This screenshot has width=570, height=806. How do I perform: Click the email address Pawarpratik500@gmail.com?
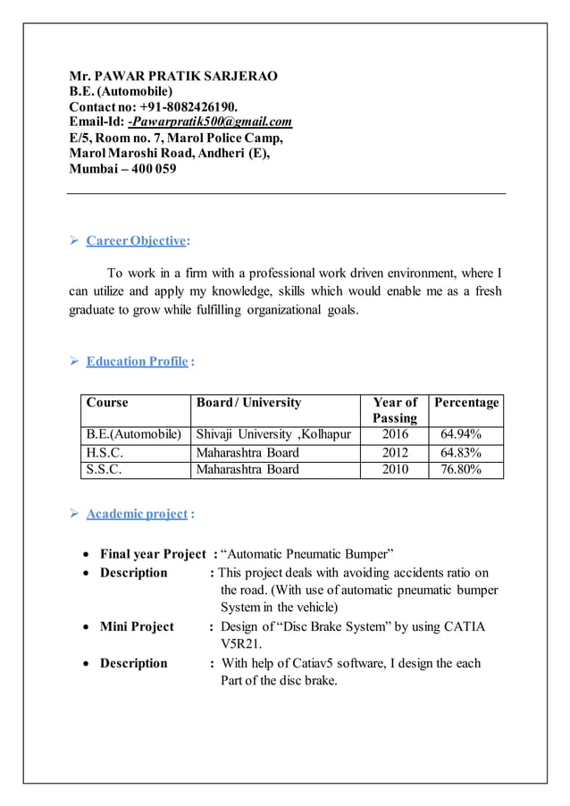pos(212,122)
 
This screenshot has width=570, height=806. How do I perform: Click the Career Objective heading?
pos(137,240)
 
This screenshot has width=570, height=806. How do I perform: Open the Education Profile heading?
pos(137,361)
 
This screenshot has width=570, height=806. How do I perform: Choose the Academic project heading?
pos(137,514)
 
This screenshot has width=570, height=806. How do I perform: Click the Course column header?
pos(107,403)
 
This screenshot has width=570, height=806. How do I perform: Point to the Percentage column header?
pos(466,403)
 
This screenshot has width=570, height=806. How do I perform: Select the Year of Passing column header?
pos(395,410)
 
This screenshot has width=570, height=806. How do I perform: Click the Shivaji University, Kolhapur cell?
pos(273,435)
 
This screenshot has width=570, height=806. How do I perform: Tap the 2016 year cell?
pos(395,435)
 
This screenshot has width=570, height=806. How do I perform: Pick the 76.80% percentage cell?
pos(461,469)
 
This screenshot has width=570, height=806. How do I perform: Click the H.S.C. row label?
pos(105,452)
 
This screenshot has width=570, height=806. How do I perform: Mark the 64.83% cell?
pos(461,452)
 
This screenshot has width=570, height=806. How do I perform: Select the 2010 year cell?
pos(395,469)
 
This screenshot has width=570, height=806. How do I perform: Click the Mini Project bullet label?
pos(137,626)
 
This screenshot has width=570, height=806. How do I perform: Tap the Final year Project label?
pos(153,554)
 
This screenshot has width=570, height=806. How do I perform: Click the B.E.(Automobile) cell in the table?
pos(134,435)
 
